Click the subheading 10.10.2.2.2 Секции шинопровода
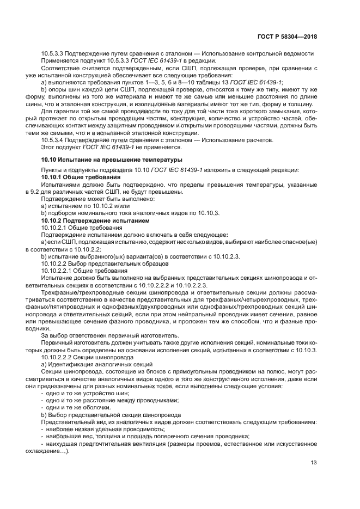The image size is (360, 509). coord(88,357)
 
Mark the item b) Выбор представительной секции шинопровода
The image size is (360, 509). coord(103,414)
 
